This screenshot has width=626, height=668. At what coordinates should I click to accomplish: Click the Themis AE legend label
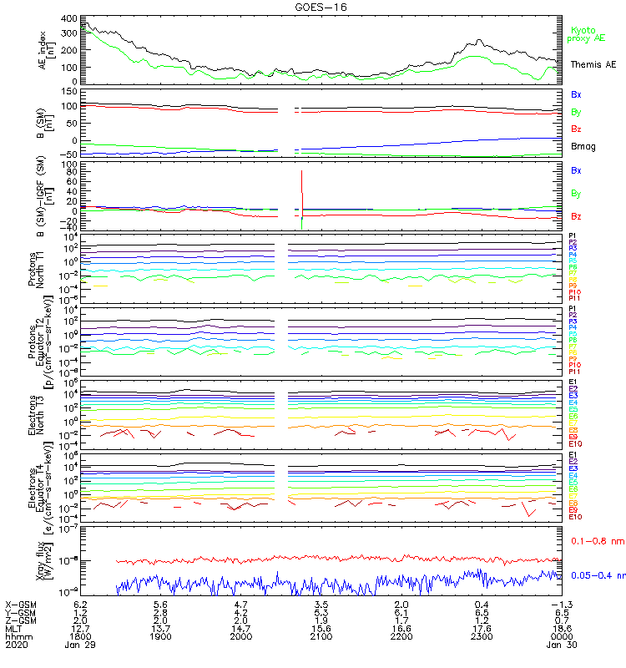click(593, 64)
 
